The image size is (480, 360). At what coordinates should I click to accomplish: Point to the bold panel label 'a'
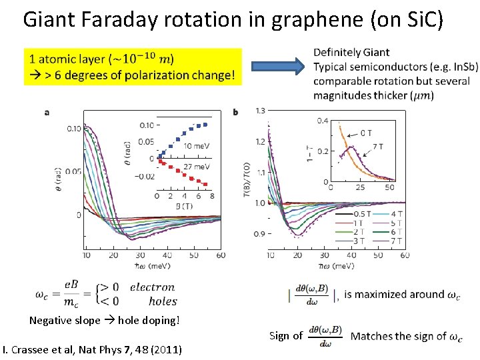click(46, 112)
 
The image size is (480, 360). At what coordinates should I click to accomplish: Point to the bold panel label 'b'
click(236, 112)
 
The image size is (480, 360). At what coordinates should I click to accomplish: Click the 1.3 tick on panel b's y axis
click(259, 110)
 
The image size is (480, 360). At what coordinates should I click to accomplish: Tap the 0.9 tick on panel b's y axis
click(259, 234)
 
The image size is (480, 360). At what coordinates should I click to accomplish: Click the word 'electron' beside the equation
click(152, 287)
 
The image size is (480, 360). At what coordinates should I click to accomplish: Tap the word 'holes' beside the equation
click(163, 301)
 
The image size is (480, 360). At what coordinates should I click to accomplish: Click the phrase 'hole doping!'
click(149, 321)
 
